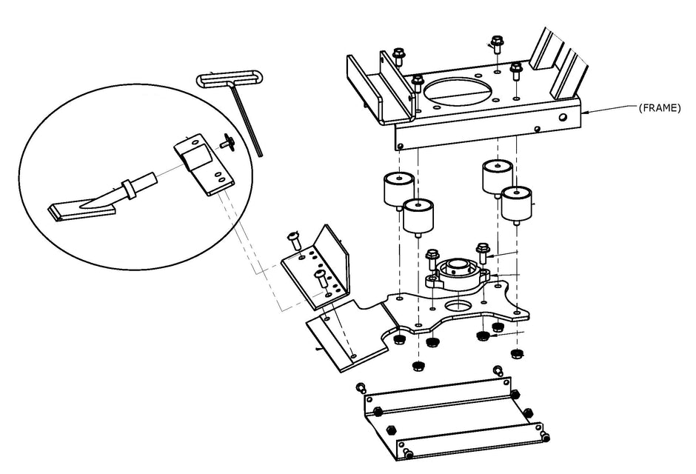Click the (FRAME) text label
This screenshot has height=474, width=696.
pos(659,108)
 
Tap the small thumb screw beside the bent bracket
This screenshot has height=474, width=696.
pos(227,142)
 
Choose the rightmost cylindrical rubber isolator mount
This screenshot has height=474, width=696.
pos(517,205)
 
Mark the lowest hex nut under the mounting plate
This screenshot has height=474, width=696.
pos(418,366)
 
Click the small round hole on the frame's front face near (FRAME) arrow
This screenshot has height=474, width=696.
pos(563,117)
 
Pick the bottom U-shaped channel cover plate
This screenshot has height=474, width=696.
pos(454,418)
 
